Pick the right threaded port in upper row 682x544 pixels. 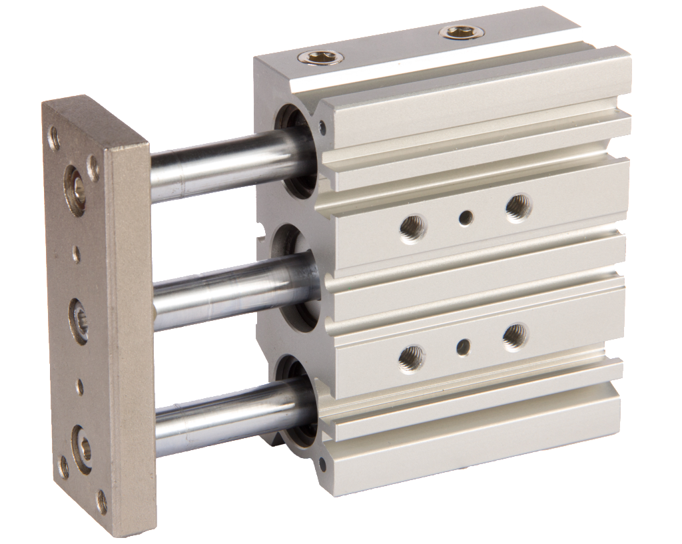tap(517, 208)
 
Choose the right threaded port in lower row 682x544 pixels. tap(514, 337)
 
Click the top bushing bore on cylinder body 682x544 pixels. tap(293, 150)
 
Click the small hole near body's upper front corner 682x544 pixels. tap(323, 124)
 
